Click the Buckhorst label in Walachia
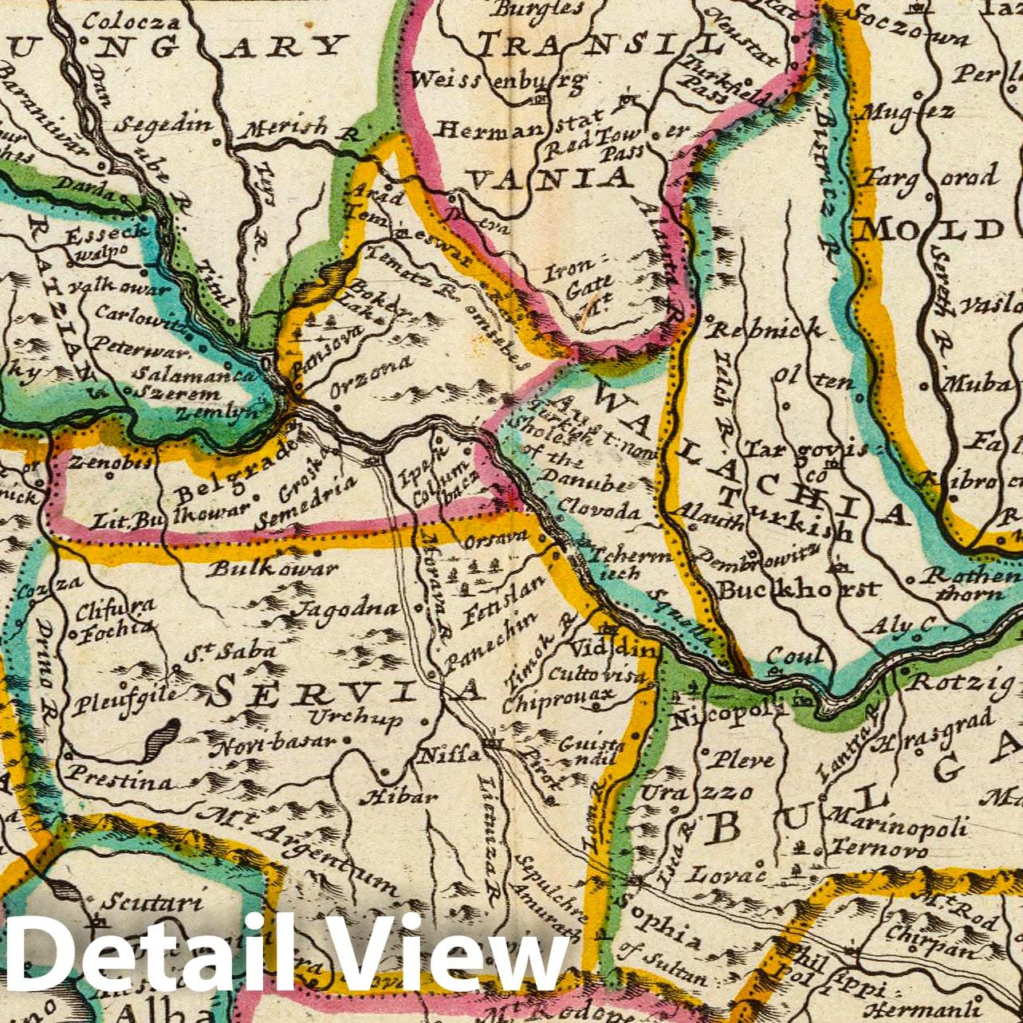pyautogui.click(x=797, y=590)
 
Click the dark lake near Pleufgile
pyautogui.click(x=162, y=738)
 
